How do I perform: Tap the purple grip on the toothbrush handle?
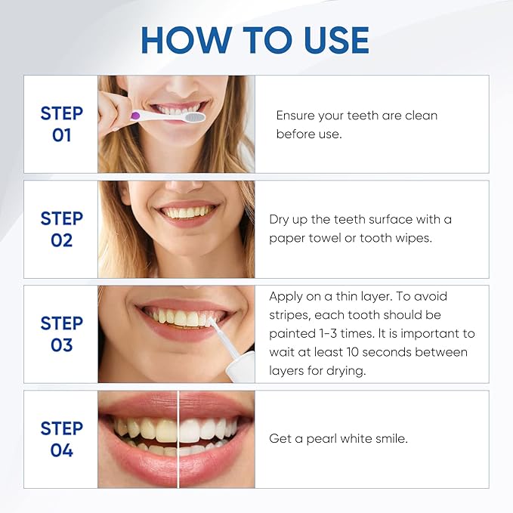pos(137,116)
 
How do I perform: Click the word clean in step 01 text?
pos(420,116)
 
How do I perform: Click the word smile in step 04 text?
pos(391,439)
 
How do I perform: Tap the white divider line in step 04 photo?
pos(178,439)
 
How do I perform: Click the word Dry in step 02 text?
pos(280,219)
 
